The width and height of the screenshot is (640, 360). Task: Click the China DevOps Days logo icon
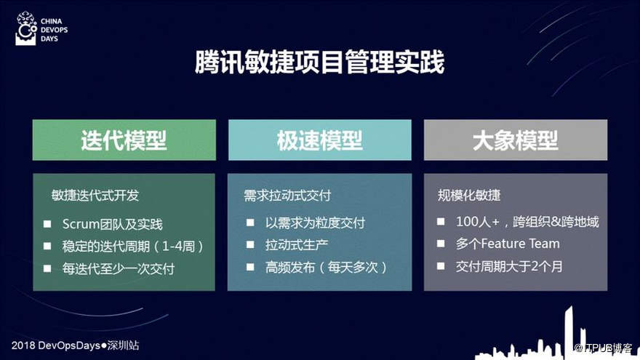coord(25,28)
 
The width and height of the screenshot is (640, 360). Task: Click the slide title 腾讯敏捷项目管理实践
coord(319,63)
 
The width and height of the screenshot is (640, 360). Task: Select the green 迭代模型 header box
coord(124,140)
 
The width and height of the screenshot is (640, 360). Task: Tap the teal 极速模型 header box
coord(320,140)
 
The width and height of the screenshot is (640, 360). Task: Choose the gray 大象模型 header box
coord(516,140)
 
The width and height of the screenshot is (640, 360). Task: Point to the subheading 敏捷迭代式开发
coord(95,196)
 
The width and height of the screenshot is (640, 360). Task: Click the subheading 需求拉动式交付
coord(287,196)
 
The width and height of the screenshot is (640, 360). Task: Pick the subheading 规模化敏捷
coord(469,195)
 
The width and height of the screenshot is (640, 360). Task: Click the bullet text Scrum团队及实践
coord(112,224)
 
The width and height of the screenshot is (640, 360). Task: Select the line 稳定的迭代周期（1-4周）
coord(132,246)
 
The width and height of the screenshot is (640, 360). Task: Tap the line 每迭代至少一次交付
coord(119,268)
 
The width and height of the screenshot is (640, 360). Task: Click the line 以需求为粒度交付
coord(315,223)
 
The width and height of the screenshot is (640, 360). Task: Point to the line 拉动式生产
coord(297,245)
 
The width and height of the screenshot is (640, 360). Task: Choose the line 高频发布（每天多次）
coord(326,268)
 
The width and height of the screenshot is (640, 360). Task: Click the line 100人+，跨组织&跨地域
coord(527,222)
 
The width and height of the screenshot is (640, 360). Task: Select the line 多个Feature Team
coord(508,244)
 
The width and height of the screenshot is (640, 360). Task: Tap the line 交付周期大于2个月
coord(509,266)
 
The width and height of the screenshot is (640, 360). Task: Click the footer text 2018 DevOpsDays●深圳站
coord(75,345)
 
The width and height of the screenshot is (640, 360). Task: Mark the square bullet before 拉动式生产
coord(250,245)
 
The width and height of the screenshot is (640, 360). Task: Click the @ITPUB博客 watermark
coord(603,348)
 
